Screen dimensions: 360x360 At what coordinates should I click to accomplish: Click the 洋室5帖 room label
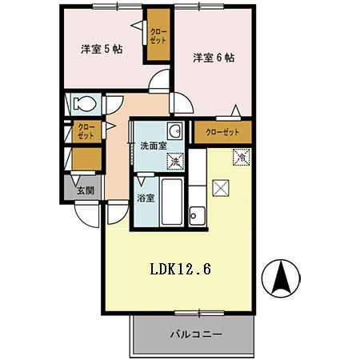tap(101, 50)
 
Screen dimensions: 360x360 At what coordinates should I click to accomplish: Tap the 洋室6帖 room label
tap(213, 58)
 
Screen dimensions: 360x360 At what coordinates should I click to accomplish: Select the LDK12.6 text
tap(181, 270)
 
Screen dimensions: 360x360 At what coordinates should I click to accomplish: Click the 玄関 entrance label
tap(86, 190)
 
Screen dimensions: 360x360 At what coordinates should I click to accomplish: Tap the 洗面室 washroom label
tap(153, 146)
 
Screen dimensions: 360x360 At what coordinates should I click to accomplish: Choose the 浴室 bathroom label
tap(145, 196)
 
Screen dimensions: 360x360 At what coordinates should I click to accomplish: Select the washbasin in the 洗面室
tap(174, 132)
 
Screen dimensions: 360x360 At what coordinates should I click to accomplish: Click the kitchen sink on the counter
tap(197, 214)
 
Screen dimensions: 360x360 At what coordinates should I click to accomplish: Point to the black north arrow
tap(282, 277)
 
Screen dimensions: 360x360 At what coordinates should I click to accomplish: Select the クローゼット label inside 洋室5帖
tap(158, 36)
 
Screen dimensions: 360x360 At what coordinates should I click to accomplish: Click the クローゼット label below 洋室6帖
tap(222, 132)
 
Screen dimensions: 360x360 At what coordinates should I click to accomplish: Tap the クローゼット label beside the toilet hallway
tap(86, 131)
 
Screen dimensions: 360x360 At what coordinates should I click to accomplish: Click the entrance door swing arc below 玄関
tap(86, 212)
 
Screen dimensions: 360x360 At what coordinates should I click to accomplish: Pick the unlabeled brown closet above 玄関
tap(86, 159)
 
